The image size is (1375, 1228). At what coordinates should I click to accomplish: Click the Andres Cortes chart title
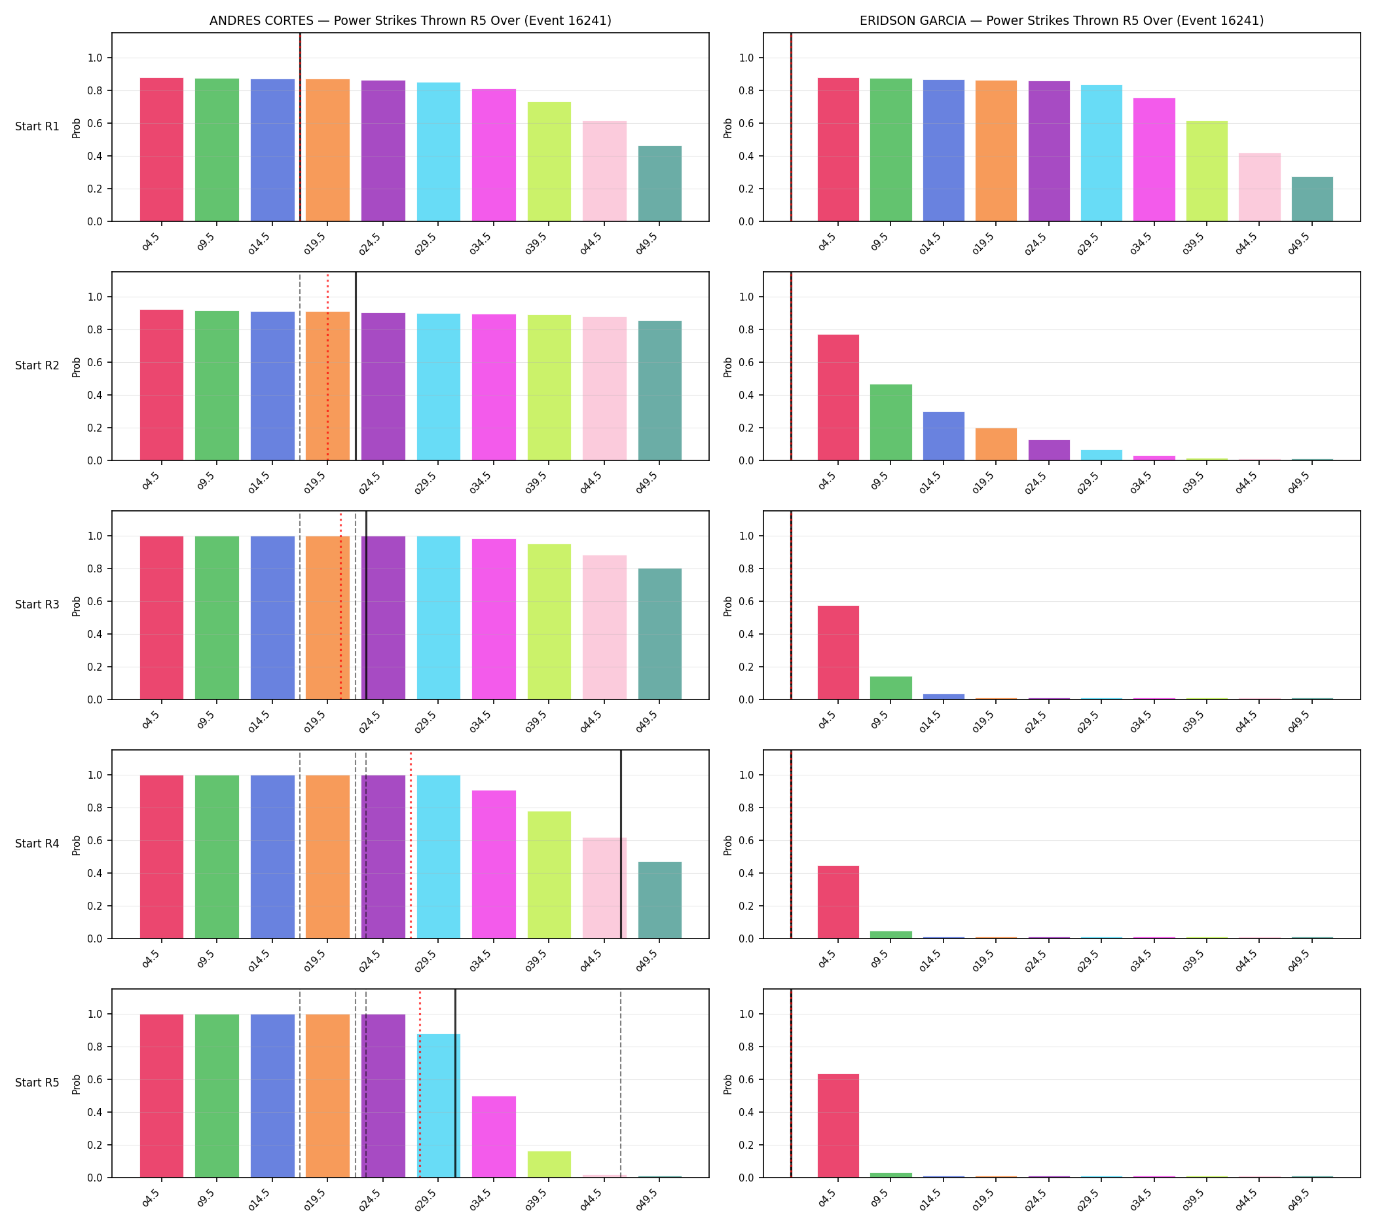click(410, 20)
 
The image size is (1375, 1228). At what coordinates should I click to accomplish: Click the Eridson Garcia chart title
click(1061, 20)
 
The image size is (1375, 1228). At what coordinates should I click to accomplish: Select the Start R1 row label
click(37, 127)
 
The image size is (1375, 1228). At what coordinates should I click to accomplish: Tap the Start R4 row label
click(37, 844)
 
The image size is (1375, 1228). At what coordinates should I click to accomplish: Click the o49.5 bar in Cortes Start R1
click(660, 183)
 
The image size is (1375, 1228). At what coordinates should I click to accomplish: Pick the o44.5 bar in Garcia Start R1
click(1259, 187)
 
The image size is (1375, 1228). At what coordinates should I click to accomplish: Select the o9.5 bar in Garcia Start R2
click(890, 422)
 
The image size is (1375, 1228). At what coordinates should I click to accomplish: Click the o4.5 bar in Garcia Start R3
click(838, 652)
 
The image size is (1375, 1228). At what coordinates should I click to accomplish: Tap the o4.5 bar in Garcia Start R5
click(838, 1125)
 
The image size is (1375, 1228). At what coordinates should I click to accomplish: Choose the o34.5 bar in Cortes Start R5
click(494, 1137)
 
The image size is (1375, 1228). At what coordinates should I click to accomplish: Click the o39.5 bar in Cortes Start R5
click(549, 1164)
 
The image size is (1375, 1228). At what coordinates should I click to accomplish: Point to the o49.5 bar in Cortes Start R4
click(660, 900)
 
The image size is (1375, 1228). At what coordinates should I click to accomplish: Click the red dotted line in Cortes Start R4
click(410, 844)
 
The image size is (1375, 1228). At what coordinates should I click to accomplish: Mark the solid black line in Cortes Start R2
click(356, 366)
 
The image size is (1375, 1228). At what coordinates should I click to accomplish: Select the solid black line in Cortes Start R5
click(456, 1084)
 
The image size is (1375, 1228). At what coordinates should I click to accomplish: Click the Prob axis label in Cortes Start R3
click(76, 606)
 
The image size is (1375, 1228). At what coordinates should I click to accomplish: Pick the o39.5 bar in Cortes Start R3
click(549, 622)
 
